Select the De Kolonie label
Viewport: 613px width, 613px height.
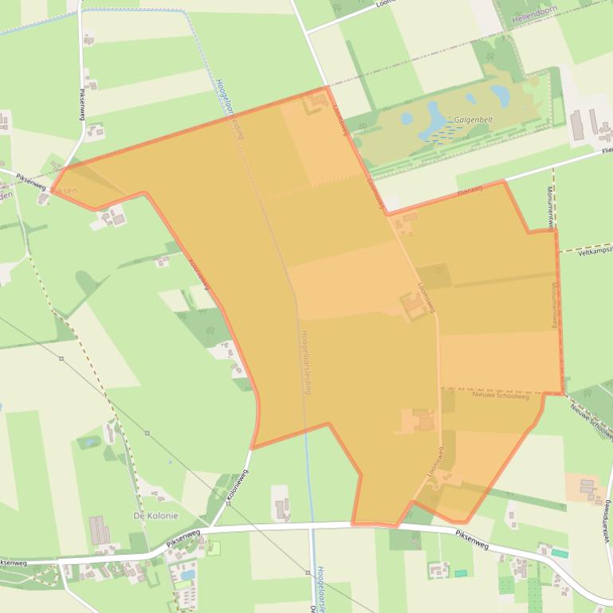pyautogui.click(x=155, y=516)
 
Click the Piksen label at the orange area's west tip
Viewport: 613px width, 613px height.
pyautogui.click(x=65, y=191)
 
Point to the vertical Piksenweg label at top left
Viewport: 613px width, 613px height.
pyautogui.click(x=81, y=103)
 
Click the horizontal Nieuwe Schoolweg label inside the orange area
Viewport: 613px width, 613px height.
pyautogui.click(x=501, y=396)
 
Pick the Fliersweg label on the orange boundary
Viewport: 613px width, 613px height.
pyautogui.click(x=471, y=190)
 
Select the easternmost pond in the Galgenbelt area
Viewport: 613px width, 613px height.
pyautogui.click(x=501, y=96)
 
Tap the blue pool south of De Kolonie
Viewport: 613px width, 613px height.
pyautogui.click(x=187, y=572)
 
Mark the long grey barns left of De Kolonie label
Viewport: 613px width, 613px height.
pyautogui.click(x=99, y=530)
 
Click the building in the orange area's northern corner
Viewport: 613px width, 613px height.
pyautogui.click(x=317, y=102)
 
